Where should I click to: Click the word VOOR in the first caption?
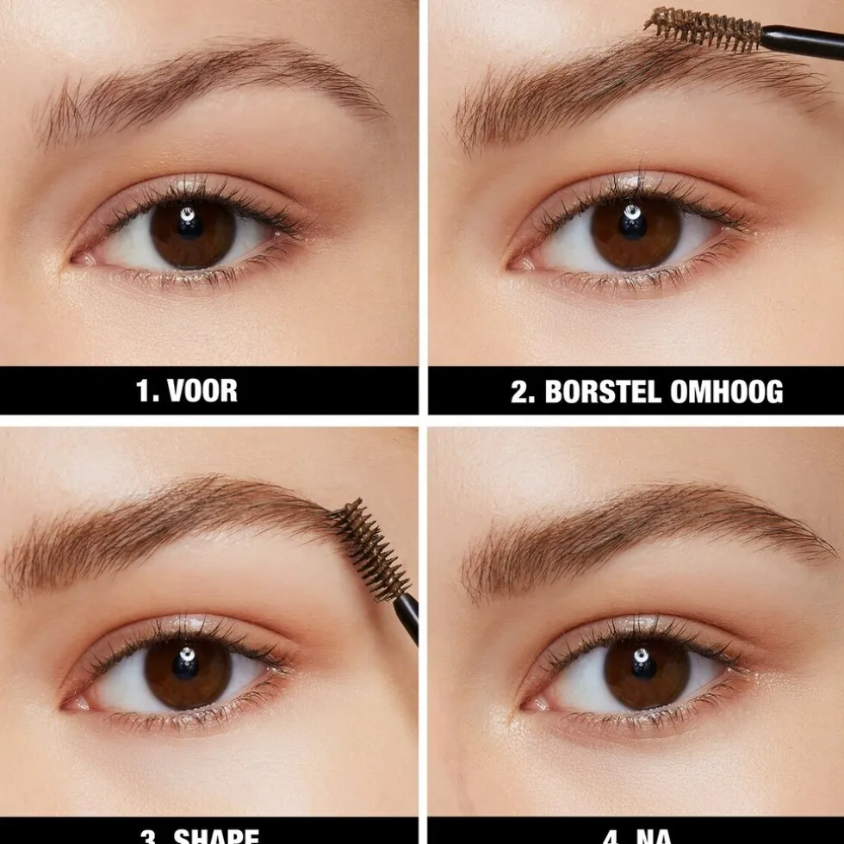(x=202, y=391)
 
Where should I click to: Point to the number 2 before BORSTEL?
(x=520, y=392)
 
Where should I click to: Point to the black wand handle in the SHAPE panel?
(x=407, y=615)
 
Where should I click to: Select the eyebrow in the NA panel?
(x=646, y=525)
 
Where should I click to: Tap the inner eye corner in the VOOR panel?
(x=80, y=258)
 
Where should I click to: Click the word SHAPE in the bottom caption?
(x=215, y=835)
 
